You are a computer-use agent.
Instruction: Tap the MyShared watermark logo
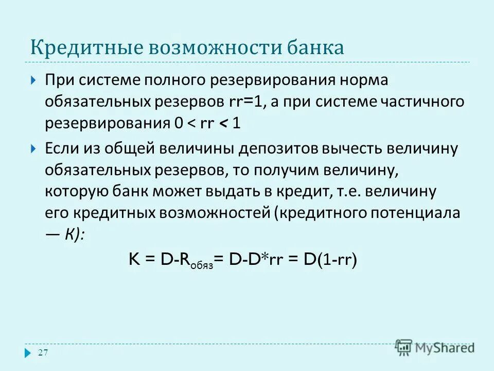[x=435, y=347]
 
